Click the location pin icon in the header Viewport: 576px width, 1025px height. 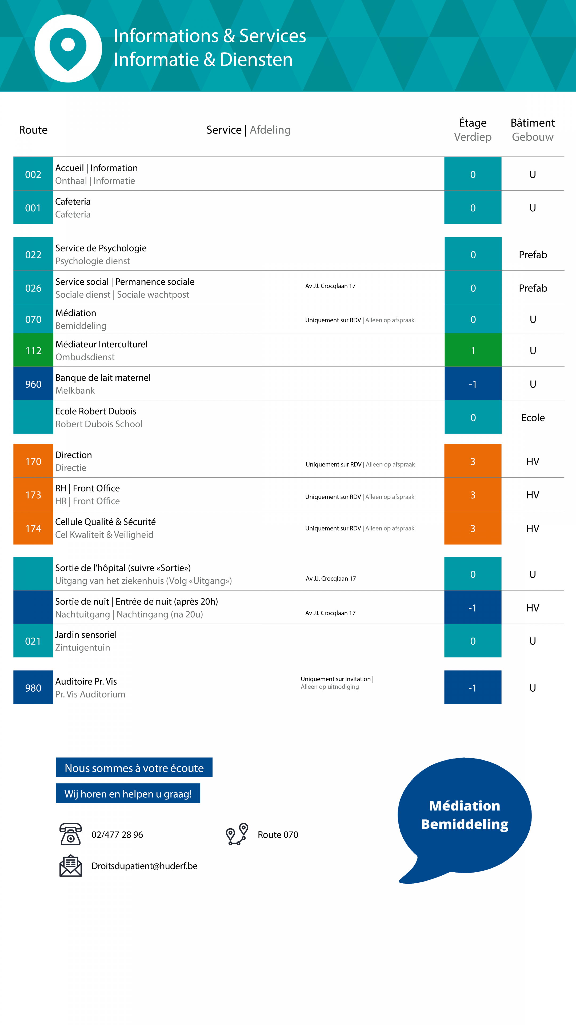tap(68, 49)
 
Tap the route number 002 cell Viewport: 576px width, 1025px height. tap(33, 174)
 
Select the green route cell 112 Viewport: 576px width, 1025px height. tap(33, 350)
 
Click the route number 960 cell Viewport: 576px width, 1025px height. tap(33, 384)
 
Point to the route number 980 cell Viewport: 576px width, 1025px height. tap(33, 687)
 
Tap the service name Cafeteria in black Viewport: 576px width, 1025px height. tap(73, 201)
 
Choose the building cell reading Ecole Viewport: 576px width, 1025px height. tap(533, 417)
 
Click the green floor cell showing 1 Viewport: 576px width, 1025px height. tap(473, 350)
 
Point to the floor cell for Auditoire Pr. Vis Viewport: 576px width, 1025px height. tap(473, 687)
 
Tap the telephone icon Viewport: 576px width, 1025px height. tap(70, 834)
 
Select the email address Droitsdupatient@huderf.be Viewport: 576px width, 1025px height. tap(144, 866)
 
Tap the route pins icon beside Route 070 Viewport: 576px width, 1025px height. tap(237, 834)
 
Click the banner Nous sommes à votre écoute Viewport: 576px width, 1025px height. tap(134, 768)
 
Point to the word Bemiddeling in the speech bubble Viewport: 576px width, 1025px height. tap(465, 824)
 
